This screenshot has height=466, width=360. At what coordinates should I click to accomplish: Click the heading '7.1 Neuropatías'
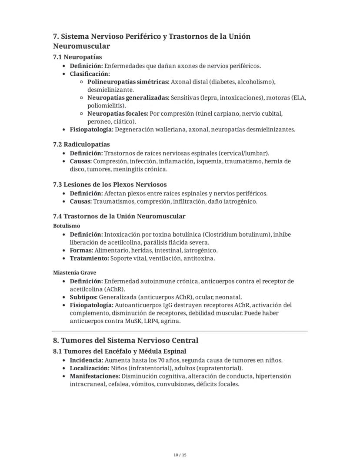[77, 57]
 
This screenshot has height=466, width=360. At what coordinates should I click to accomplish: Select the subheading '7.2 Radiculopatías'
[81, 144]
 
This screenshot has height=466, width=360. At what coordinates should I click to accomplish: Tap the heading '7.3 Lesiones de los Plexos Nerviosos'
[110, 184]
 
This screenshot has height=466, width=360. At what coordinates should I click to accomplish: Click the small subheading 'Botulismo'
[67, 226]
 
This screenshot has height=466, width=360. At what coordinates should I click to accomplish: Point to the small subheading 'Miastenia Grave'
[74, 272]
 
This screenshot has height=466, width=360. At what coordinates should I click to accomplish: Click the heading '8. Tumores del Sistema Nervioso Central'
[125, 340]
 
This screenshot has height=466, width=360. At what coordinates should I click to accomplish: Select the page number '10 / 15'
[180, 455]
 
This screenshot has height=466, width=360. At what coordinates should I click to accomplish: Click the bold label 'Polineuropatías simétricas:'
[128, 82]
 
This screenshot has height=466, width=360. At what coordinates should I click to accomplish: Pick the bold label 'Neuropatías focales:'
[117, 114]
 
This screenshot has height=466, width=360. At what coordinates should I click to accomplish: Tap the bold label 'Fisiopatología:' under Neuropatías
[91, 129]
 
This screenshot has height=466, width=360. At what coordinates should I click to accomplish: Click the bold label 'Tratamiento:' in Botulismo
[89, 258]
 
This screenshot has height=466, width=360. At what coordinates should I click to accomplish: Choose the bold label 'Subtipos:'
[83, 297]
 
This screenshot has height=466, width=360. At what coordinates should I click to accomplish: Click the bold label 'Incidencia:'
[86, 360]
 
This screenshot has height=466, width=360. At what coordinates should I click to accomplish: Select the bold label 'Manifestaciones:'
[95, 376]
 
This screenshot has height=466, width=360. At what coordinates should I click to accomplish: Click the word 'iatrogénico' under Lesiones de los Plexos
[241, 201]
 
